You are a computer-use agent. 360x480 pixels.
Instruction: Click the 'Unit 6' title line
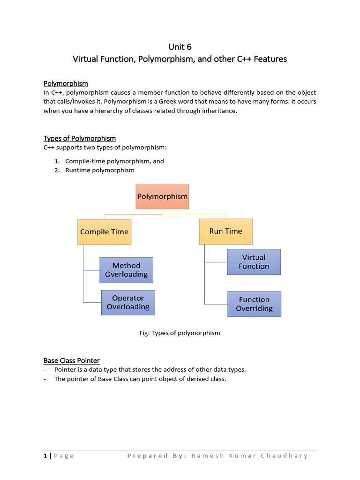pos(180,47)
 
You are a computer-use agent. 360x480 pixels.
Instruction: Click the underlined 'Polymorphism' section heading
pos(66,83)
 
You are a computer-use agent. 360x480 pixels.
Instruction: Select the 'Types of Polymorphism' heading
pos(80,138)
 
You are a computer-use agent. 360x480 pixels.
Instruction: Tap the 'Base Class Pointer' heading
pos(72,360)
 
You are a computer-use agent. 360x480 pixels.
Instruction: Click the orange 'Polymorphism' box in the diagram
pos(162,196)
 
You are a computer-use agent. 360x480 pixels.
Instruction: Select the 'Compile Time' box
pos(104,232)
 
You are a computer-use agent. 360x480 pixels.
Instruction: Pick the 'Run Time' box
pos(225,231)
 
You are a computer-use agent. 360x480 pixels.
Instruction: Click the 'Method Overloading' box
pos(126,270)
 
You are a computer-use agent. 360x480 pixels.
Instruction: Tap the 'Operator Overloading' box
pos(128,302)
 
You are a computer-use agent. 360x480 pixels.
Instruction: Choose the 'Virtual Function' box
pos(254,262)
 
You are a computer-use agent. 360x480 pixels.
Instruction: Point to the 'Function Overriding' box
pos(254,304)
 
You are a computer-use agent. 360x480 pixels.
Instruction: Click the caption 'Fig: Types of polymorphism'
pos(180,333)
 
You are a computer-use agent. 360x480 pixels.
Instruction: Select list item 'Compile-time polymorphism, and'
pos(114,161)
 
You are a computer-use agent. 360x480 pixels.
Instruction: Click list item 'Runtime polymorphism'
pos(99,170)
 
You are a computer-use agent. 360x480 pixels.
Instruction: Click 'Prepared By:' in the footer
pos(157,456)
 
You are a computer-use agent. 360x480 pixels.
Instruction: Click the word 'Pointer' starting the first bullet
pos(64,369)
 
